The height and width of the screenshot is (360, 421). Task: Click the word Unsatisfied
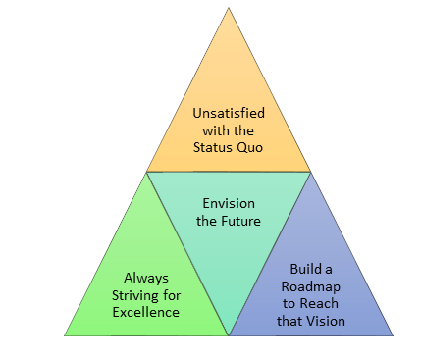coord(229,113)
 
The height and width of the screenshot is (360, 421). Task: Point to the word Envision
coord(231,203)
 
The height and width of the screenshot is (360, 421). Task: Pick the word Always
coord(144,278)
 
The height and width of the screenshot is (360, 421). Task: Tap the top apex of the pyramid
coord(229,9)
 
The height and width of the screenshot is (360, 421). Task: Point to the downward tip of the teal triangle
coord(229,334)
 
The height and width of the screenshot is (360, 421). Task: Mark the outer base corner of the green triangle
coord(66,334)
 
